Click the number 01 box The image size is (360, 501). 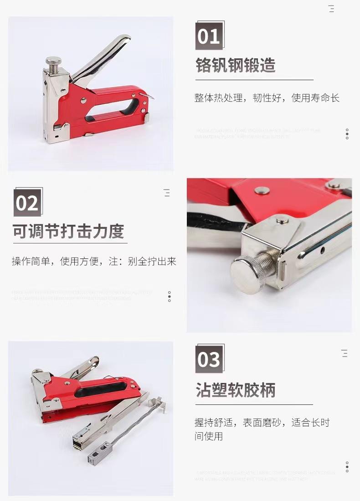point(209,36)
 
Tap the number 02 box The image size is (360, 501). point(27,203)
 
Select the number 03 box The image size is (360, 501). point(209,359)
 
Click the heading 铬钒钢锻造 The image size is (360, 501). point(236,65)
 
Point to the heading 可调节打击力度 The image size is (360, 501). point(68,231)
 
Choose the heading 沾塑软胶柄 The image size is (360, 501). point(236,390)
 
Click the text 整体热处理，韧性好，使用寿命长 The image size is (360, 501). point(267,98)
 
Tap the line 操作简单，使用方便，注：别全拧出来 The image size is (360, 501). point(94,261)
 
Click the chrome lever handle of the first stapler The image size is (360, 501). point(105,57)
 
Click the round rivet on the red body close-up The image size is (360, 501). point(262,190)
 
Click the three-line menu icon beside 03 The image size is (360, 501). point(345,353)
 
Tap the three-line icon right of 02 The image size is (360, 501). point(167,193)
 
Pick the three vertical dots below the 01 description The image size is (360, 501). point(347,134)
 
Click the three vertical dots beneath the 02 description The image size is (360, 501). point(170,297)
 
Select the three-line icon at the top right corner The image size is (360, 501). point(331,9)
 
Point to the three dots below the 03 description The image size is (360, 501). point(347,466)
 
